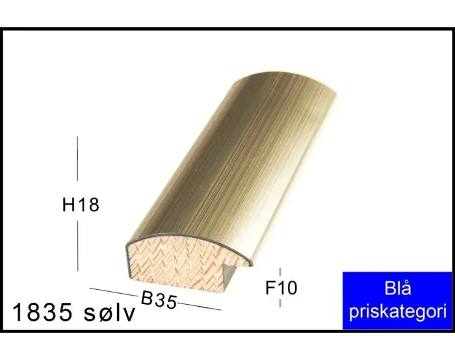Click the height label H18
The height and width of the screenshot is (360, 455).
click(81, 205)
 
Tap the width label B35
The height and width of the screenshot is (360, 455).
click(159, 301)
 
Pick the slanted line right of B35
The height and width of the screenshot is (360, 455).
click(199, 306)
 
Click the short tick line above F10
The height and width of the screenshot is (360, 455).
click(280, 272)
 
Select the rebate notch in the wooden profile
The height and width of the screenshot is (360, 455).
click(231, 273)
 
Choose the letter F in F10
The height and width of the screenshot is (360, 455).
click(270, 287)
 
